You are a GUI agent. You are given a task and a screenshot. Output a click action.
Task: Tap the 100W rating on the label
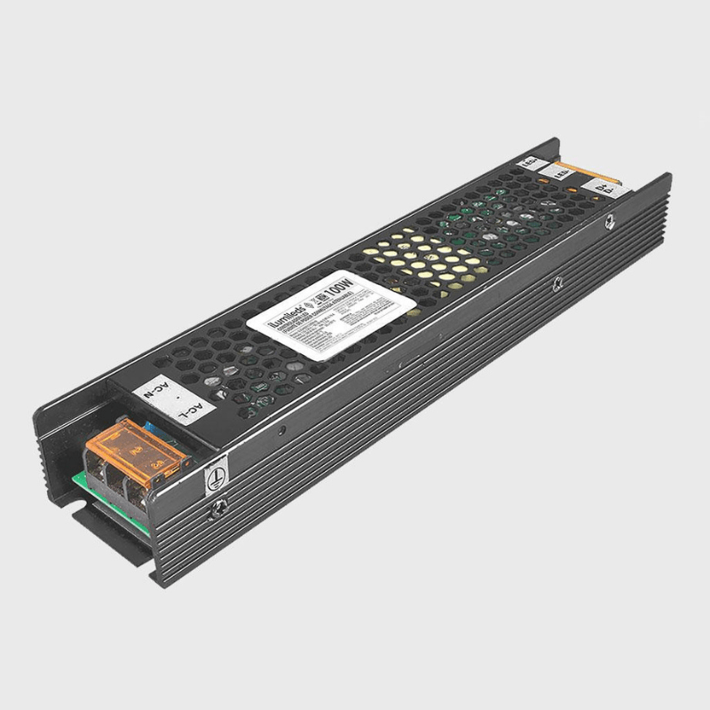342,288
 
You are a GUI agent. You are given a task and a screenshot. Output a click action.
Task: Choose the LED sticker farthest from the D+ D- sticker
529,162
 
